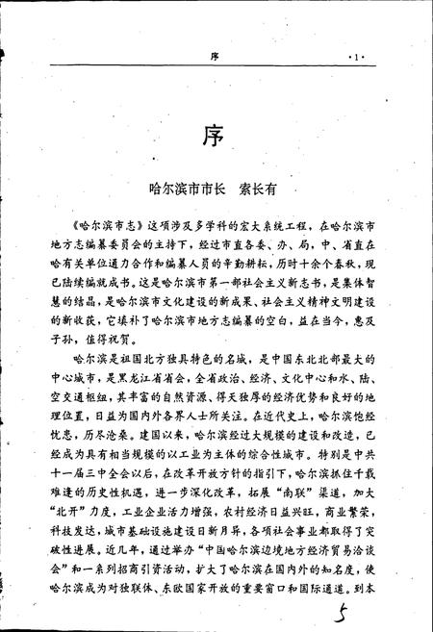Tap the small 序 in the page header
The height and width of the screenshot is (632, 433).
(216, 57)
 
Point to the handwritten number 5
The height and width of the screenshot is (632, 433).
(362, 605)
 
